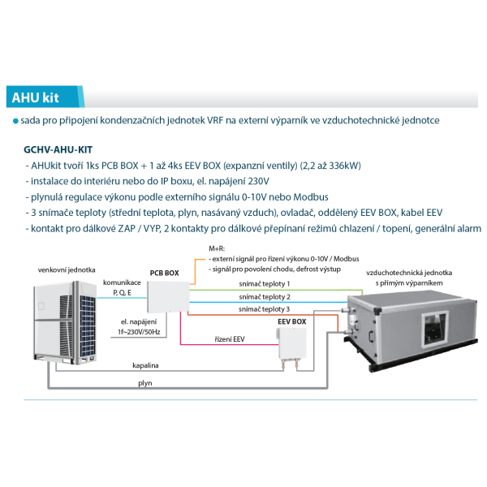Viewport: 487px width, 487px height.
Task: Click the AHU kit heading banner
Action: click(x=45, y=97)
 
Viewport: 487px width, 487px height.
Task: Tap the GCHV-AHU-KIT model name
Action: click(x=58, y=149)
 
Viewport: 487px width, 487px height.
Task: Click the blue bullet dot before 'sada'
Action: click(x=15, y=121)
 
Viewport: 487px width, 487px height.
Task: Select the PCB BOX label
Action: click(x=164, y=273)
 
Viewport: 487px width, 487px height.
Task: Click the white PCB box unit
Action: click(x=168, y=297)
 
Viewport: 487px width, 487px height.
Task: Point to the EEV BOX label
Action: click(x=291, y=321)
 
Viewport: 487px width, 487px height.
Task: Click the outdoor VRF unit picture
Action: click(x=65, y=322)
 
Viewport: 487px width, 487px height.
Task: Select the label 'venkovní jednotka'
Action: click(x=67, y=270)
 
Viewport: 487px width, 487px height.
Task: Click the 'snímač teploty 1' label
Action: click(x=265, y=283)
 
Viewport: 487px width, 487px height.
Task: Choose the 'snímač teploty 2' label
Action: click(x=265, y=297)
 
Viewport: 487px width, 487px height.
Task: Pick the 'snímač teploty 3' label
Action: click(x=265, y=309)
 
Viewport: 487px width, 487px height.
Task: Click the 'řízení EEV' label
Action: click(x=230, y=339)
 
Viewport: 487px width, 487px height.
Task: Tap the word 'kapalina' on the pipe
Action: click(x=145, y=365)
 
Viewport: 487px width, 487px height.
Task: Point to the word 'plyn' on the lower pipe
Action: click(x=145, y=383)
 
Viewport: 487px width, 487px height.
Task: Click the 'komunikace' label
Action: click(x=122, y=282)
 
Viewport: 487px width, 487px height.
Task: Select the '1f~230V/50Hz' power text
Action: click(x=139, y=332)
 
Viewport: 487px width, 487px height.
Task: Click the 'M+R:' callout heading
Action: click(x=217, y=248)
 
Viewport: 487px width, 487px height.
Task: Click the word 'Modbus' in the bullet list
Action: click(x=311, y=197)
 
